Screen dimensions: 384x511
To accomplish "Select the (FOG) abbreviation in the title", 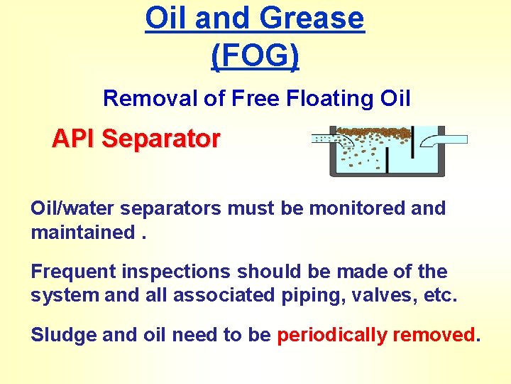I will tap(255, 55).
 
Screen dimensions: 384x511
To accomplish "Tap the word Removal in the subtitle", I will tap(150, 98).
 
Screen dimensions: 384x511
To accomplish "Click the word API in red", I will tap(74, 139).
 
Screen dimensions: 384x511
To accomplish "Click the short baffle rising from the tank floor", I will tap(387, 161).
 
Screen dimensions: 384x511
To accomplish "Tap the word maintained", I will tap(83, 233).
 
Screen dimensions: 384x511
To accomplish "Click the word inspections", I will tap(176, 272).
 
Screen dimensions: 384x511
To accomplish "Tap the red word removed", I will tap(434, 335).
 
